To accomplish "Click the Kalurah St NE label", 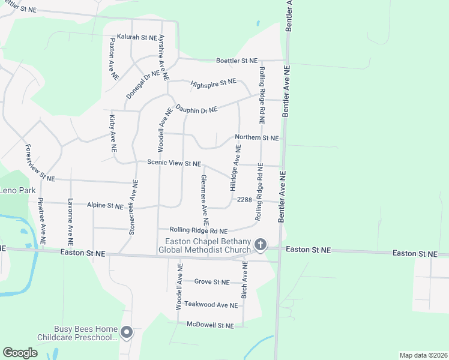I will [136, 37].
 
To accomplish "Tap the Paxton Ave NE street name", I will [113, 59].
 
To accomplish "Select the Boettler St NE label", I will [237, 61].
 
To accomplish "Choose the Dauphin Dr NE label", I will [196, 110].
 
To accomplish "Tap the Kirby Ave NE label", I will [112, 134].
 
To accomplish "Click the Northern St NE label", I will [257, 138].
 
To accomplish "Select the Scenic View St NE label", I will [174, 163].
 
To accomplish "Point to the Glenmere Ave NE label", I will [204, 195].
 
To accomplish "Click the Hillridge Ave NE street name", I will [236, 167].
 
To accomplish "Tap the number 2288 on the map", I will [245, 199].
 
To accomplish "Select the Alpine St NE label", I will [105, 206].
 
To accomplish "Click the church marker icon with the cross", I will [260, 244].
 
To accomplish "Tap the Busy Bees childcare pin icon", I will [126, 332].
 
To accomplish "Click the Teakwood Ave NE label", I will [211, 305].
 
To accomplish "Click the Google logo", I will [20, 353].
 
